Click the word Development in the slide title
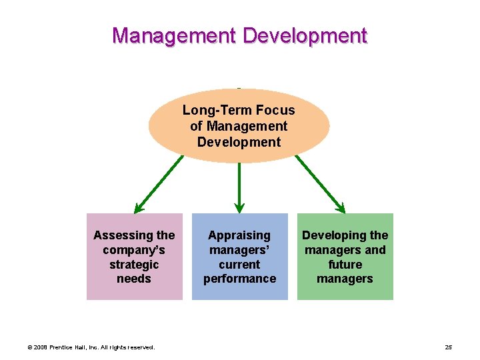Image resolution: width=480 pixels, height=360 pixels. pyautogui.click(x=305, y=35)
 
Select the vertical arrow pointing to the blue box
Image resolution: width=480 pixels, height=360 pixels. pyautogui.click(x=239, y=187)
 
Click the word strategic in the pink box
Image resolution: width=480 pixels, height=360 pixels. pyautogui.click(x=134, y=264)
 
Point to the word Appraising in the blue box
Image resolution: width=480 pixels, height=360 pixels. pyautogui.click(x=239, y=235)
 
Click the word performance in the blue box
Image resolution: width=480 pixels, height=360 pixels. pyautogui.click(x=239, y=279)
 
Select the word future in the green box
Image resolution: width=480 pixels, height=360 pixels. pyautogui.click(x=345, y=264)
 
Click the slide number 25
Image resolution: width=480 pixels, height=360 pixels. pyautogui.click(x=448, y=347)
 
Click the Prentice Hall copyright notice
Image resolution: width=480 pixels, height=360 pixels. pyautogui.click(x=91, y=347)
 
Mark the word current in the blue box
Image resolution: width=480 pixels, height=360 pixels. pyautogui.click(x=239, y=264)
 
